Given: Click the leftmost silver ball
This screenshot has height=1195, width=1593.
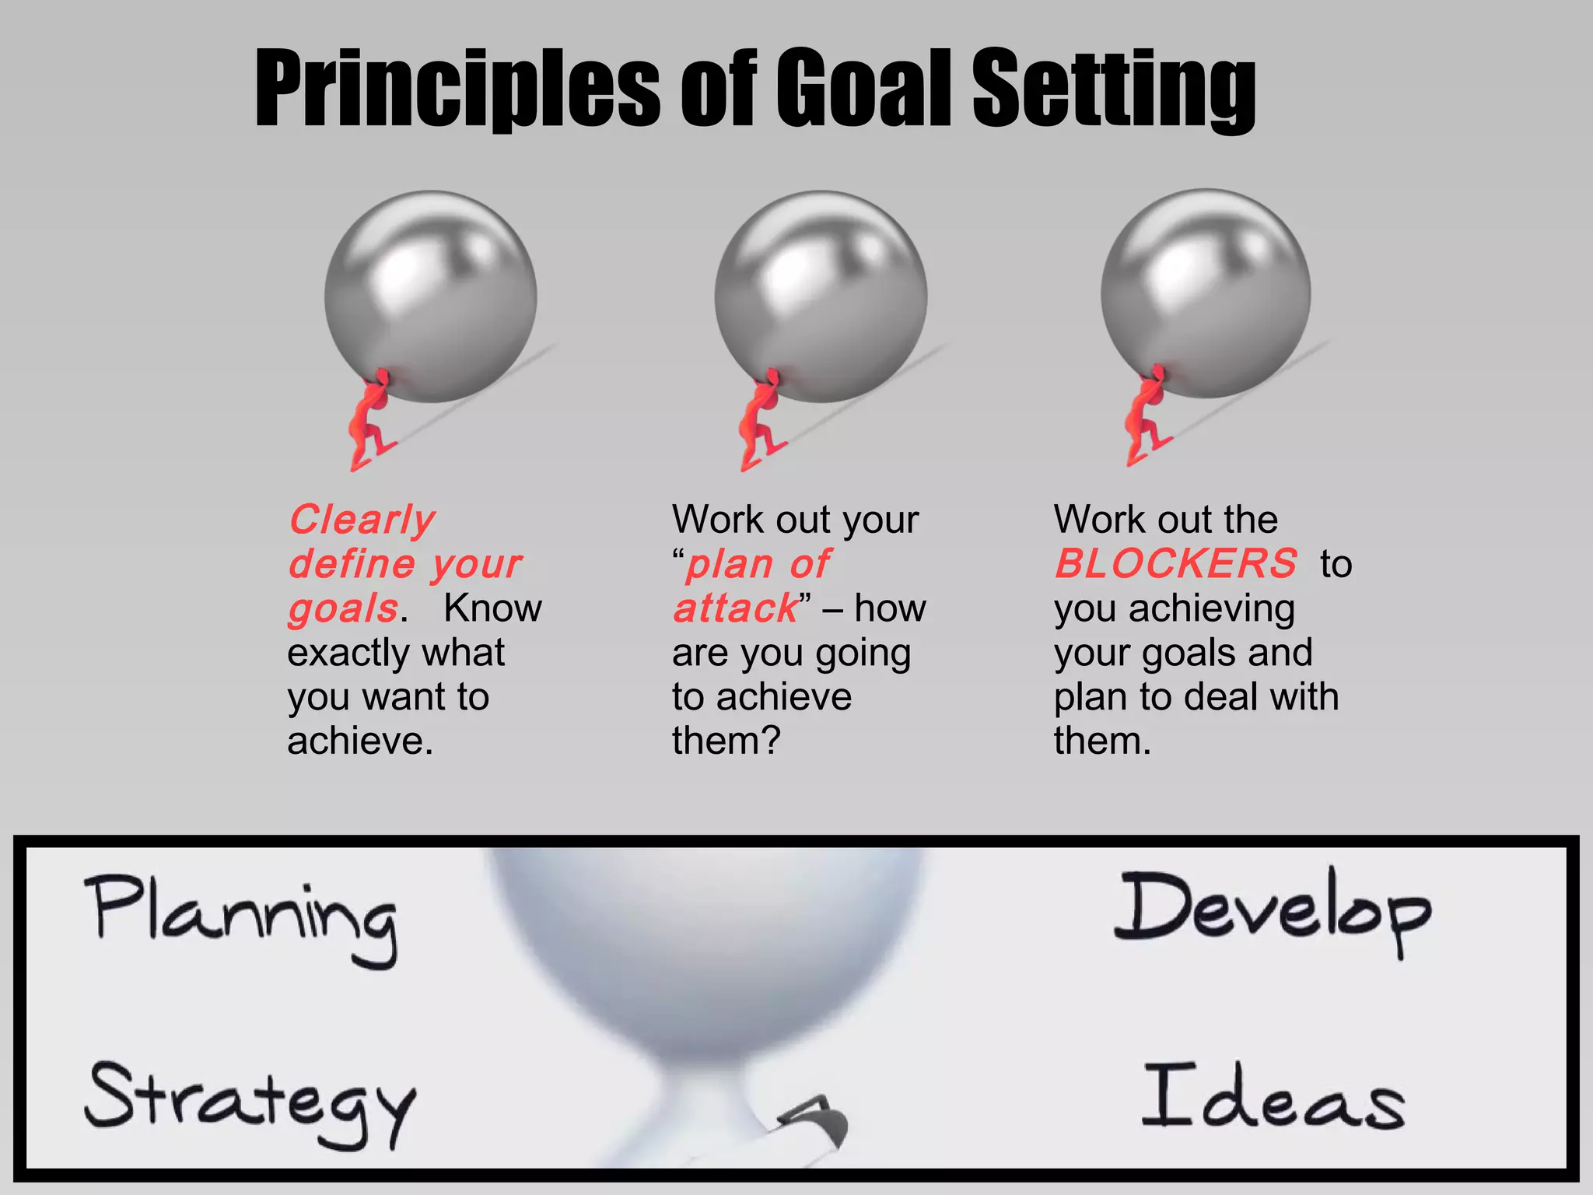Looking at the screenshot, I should click(430, 296).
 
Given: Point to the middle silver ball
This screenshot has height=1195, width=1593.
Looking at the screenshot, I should click(821, 296).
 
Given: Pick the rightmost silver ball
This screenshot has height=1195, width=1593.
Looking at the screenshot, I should click(1205, 293).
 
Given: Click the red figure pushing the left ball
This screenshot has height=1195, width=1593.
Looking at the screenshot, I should click(369, 420).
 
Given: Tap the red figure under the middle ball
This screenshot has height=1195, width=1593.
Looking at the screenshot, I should click(759, 420).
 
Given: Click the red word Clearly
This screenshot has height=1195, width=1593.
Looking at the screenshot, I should click(362, 520).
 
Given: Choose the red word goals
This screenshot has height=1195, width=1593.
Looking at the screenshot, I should click(343, 608).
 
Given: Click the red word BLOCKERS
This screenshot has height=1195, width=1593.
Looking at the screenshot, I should click(1176, 563).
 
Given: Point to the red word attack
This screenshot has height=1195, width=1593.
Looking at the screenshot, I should click(736, 608).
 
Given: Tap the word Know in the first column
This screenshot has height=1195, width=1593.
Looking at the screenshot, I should click(492, 608).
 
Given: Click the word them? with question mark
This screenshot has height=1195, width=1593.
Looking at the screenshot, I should click(726, 741).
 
